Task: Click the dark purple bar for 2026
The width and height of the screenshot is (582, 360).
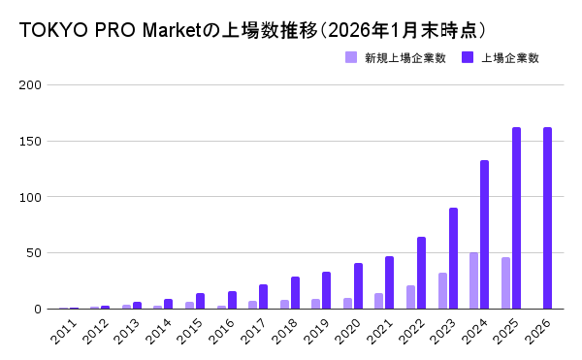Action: (548, 218)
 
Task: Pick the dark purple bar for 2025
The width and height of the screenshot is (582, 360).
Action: (516, 218)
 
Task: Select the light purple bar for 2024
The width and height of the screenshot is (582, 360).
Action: (474, 280)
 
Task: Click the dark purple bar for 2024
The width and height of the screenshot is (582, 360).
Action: (485, 235)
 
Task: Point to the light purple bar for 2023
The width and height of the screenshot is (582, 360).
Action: (442, 291)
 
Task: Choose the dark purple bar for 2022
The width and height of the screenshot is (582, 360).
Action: (421, 273)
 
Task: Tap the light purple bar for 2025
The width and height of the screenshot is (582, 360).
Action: (505, 283)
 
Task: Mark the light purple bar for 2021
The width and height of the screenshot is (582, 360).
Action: (379, 301)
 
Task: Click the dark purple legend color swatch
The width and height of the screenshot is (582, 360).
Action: (469, 58)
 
